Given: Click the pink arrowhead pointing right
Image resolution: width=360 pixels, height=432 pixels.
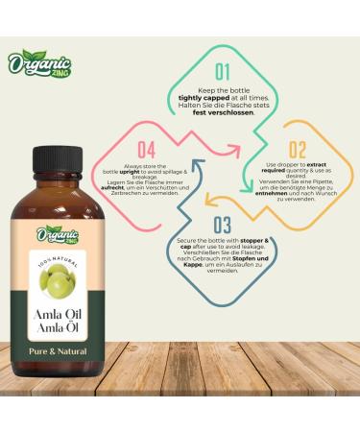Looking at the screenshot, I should point(234,150).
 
